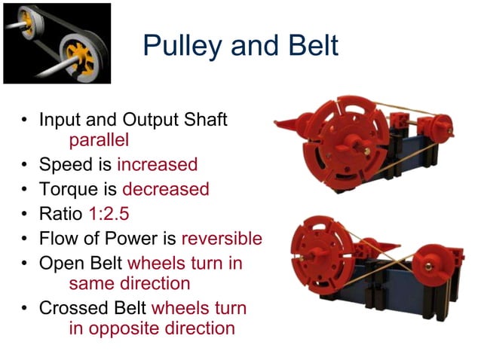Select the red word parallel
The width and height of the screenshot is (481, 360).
99,139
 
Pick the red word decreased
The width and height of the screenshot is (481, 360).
166,189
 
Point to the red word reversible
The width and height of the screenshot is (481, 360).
222,239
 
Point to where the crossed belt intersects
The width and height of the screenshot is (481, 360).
378,259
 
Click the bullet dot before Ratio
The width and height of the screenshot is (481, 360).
26,215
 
